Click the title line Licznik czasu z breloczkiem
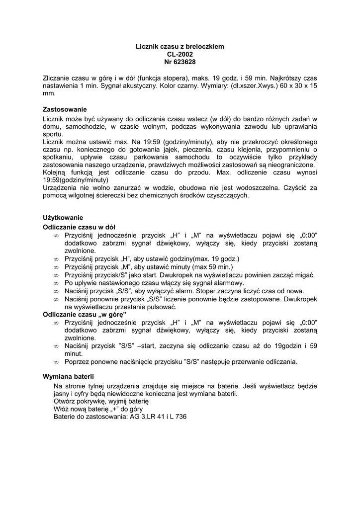[x=180, y=46]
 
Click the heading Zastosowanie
[x=65, y=109]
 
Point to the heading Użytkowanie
[x=63, y=218]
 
